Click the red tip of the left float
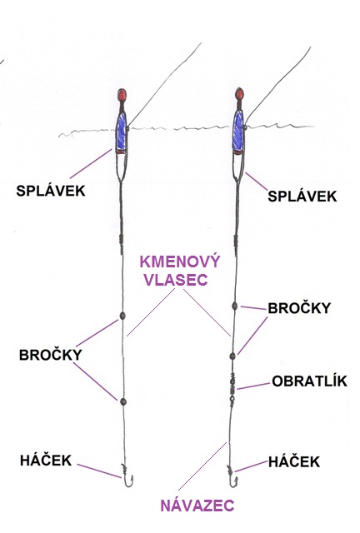[x=122, y=95]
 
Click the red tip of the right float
[x=239, y=93]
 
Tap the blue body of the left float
[x=121, y=132]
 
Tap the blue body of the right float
[x=238, y=132]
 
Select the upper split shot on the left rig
[x=122, y=316]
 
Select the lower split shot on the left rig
[x=123, y=401]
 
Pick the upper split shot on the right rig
[x=234, y=306]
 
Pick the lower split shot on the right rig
[x=232, y=356]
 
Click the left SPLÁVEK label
[x=51, y=191]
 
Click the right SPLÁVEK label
[x=302, y=197]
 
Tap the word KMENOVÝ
[x=180, y=262]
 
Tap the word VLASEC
[x=176, y=280]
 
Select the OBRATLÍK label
[x=309, y=381]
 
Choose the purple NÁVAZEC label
[x=197, y=506]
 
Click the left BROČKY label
[x=50, y=355]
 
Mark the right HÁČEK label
[x=294, y=461]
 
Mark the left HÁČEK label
[x=46, y=461]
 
